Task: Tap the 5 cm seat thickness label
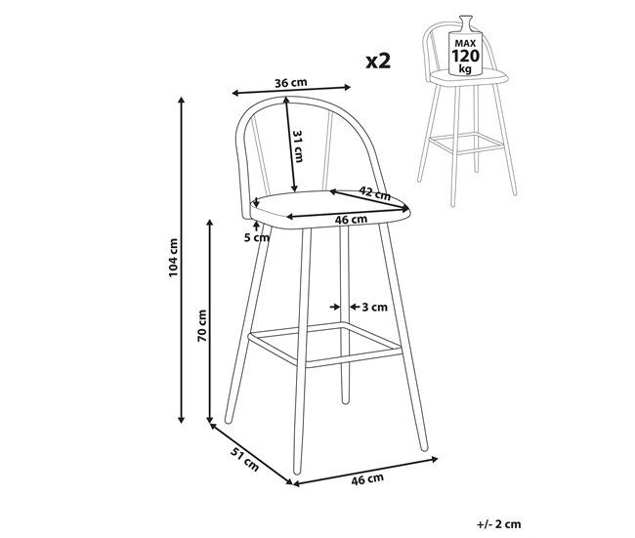pos(256,237)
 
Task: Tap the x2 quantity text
pos(378,61)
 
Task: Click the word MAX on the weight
pos(463,43)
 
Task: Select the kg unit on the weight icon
pos(463,71)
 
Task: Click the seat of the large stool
pos(327,208)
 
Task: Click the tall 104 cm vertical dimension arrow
pos(182,259)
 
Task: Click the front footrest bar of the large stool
pos(322,343)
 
